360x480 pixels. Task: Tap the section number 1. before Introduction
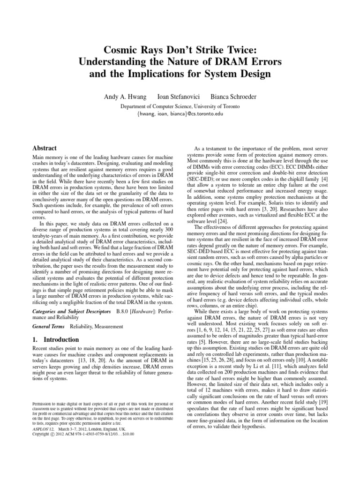coord(35,339)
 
